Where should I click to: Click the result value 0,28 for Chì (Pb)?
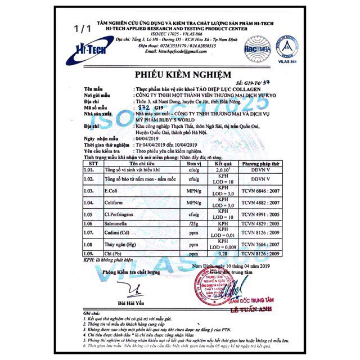click(x=225, y=256)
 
